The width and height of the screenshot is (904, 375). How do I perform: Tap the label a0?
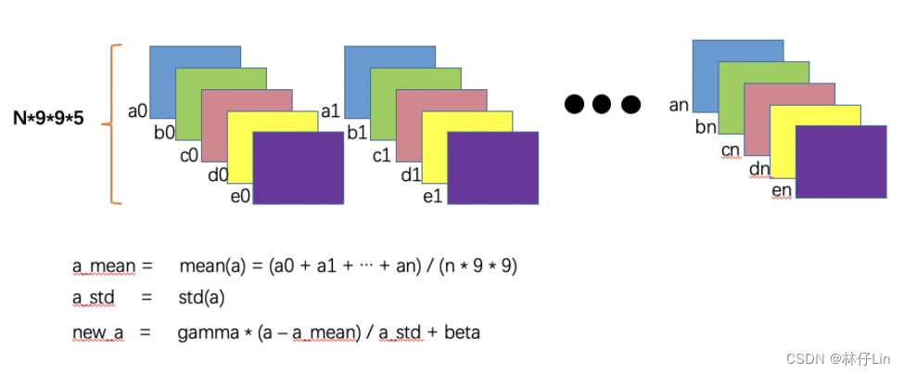pyautogui.click(x=137, y=111)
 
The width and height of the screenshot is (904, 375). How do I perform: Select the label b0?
pyautogui.click(x=164, y=133)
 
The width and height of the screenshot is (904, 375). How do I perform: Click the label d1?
pyautogui.click(x=410, y=175)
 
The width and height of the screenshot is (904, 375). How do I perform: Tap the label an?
pyautogui.click(x=679, y=106)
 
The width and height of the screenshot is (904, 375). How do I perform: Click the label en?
pyautogui.click(x=782, y=191)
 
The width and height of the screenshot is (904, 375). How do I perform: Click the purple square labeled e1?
pyautogui.click(x=493, y=167)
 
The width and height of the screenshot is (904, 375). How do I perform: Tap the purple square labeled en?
pyautogui.click(x=841, y=162)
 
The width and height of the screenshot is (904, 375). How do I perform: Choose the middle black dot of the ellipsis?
pyautogui.click(x=603, y=104)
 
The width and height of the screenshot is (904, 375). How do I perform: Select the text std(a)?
pyautogui.click(x=202, y=298)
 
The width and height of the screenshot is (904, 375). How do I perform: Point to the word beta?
pyautogui.click(x=462, y=331)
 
